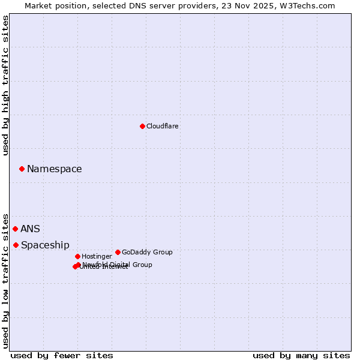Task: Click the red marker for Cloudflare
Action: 142,126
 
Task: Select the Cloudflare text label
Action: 163,126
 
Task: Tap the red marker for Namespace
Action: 22,169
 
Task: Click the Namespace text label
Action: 55,169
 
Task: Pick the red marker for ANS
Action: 15,229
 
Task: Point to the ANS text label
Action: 30,229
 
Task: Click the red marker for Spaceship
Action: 16,245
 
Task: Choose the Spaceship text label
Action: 45,245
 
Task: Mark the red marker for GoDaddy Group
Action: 118,252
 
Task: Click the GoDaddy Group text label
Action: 147,252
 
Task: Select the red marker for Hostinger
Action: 77,256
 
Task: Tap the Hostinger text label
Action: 97,256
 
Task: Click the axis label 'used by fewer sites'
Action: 62,355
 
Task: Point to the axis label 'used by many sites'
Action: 301,355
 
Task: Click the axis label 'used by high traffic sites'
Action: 6,85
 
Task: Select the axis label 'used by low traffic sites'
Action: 6,280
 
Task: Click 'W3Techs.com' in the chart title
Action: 310,5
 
